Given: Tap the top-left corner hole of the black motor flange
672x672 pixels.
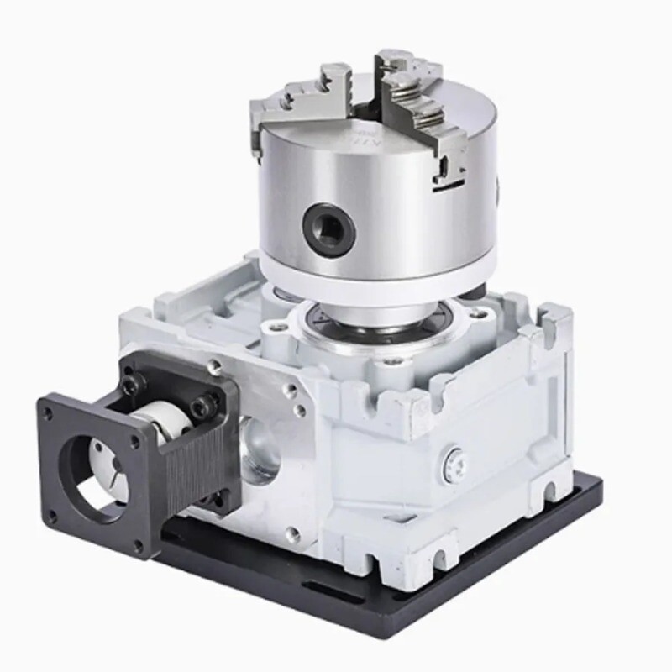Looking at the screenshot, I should (x=49, y=412).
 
